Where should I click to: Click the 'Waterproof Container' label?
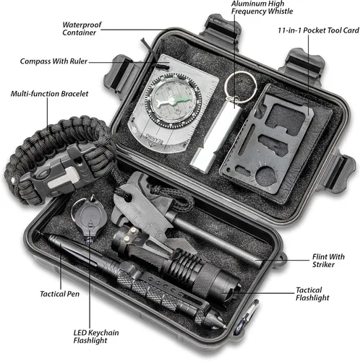(x=82, y=29)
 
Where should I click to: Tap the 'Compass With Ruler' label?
(x=53, y=61)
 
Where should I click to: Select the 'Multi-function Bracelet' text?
(x=49, y=94)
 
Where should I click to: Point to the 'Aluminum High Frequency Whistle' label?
(x=262, y=7)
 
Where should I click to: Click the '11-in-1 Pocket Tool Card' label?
(x=318, y=30)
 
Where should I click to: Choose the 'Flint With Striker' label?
(x=328, y=261)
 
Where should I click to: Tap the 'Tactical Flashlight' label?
(x=312, y=294)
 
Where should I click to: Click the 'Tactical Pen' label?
(x=59, y=294)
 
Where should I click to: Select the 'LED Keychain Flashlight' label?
(x=96, y=336)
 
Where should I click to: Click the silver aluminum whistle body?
(x=216, y=137)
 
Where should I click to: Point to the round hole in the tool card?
(x=266, y=176)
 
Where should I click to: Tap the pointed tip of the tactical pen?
(x=225, y=326)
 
